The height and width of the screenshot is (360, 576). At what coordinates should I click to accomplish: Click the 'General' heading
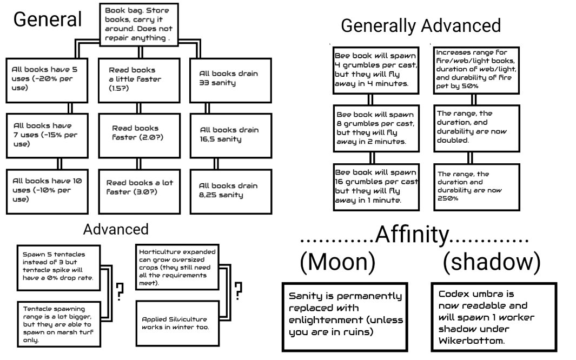click(47, 19)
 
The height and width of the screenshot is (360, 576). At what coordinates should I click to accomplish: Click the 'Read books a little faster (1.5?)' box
click(138, 78)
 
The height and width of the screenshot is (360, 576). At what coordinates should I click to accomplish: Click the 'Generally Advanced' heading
click(421, 25)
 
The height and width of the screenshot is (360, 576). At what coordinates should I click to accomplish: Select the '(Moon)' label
click(337, 262)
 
